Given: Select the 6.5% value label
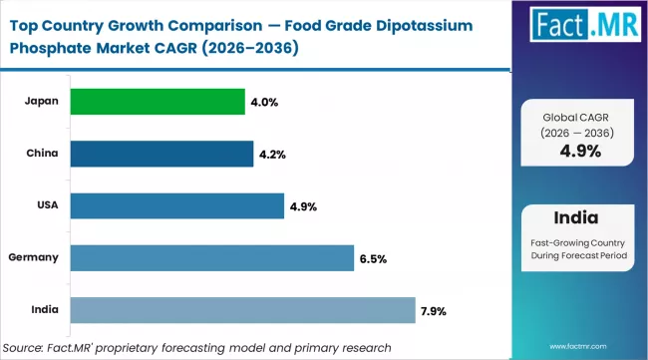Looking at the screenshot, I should coord(373,258).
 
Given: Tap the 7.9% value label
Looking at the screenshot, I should coord(435,310).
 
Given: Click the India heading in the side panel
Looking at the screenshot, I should coord(577,217).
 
